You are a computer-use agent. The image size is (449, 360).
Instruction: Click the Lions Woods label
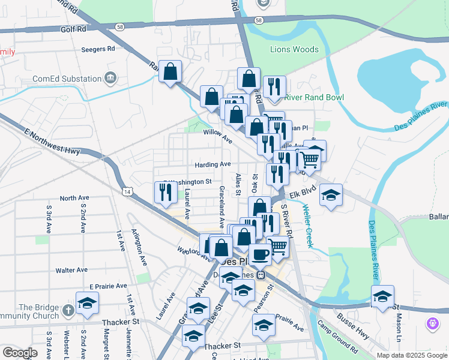(x=294, y=49)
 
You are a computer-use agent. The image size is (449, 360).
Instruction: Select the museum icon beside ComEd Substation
(x=110, y=78)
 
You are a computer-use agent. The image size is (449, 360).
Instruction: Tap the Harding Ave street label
(x=212, y=164)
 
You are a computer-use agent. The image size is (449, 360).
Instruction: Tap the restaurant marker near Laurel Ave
(x=164, y=192)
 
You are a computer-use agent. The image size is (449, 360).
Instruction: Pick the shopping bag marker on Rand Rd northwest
(x=171, y=72)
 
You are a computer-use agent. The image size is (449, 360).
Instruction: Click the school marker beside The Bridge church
(x=87, y=302)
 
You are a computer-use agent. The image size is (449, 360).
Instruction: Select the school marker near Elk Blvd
(x=331, y=195)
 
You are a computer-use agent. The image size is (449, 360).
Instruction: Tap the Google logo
(x=20, y=353)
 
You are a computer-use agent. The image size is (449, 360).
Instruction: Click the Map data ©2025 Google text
(x=411, y=355)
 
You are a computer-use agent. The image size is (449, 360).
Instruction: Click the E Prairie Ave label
(x=108, y=286)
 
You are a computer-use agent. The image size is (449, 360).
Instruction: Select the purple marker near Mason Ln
(x=432, y=325)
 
